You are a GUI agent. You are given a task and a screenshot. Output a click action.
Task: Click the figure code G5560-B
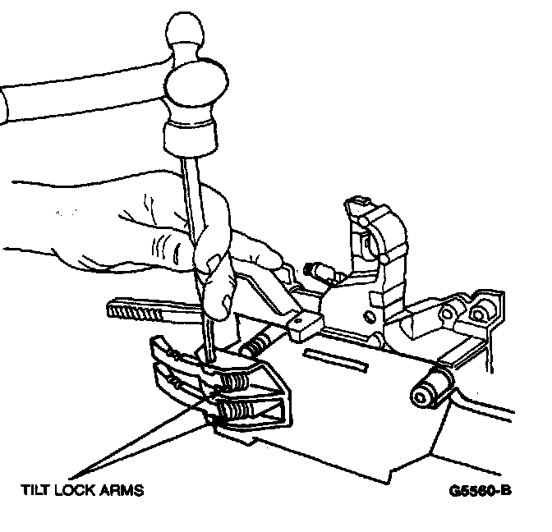481,492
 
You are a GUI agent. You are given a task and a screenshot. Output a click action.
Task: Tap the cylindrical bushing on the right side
430,385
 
